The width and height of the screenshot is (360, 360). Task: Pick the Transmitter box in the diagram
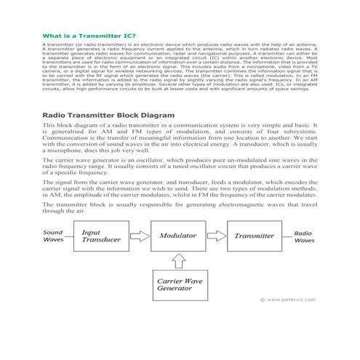point(254,236)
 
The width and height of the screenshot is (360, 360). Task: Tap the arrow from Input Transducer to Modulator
point(143,236)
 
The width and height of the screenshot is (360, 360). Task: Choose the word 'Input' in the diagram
point(92,231)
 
